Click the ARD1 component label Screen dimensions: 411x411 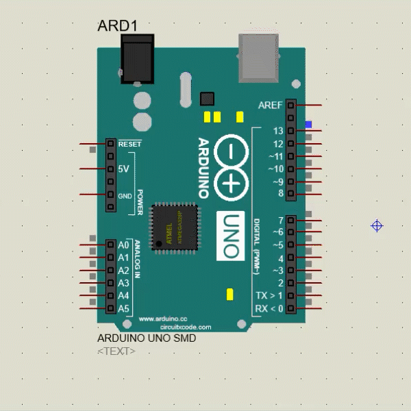[118, 26]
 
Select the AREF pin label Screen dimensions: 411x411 [271, 105]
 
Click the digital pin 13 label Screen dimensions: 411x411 [277, 131]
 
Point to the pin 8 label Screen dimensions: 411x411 [280, 194]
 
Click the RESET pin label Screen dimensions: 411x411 [129, 145]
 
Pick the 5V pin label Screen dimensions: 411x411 [123, 169]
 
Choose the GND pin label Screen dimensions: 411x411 [125, 196]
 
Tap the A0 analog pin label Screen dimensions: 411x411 [123, 245]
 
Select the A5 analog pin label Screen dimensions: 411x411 [123, 309]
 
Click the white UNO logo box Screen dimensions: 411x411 [231, 236]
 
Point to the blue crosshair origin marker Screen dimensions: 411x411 [376, 225]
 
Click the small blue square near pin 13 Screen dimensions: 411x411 [309, 125]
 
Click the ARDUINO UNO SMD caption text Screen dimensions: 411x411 [147, 338]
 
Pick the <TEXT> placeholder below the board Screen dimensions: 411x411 [116, 351]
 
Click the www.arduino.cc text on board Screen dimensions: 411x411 [163, 319]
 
